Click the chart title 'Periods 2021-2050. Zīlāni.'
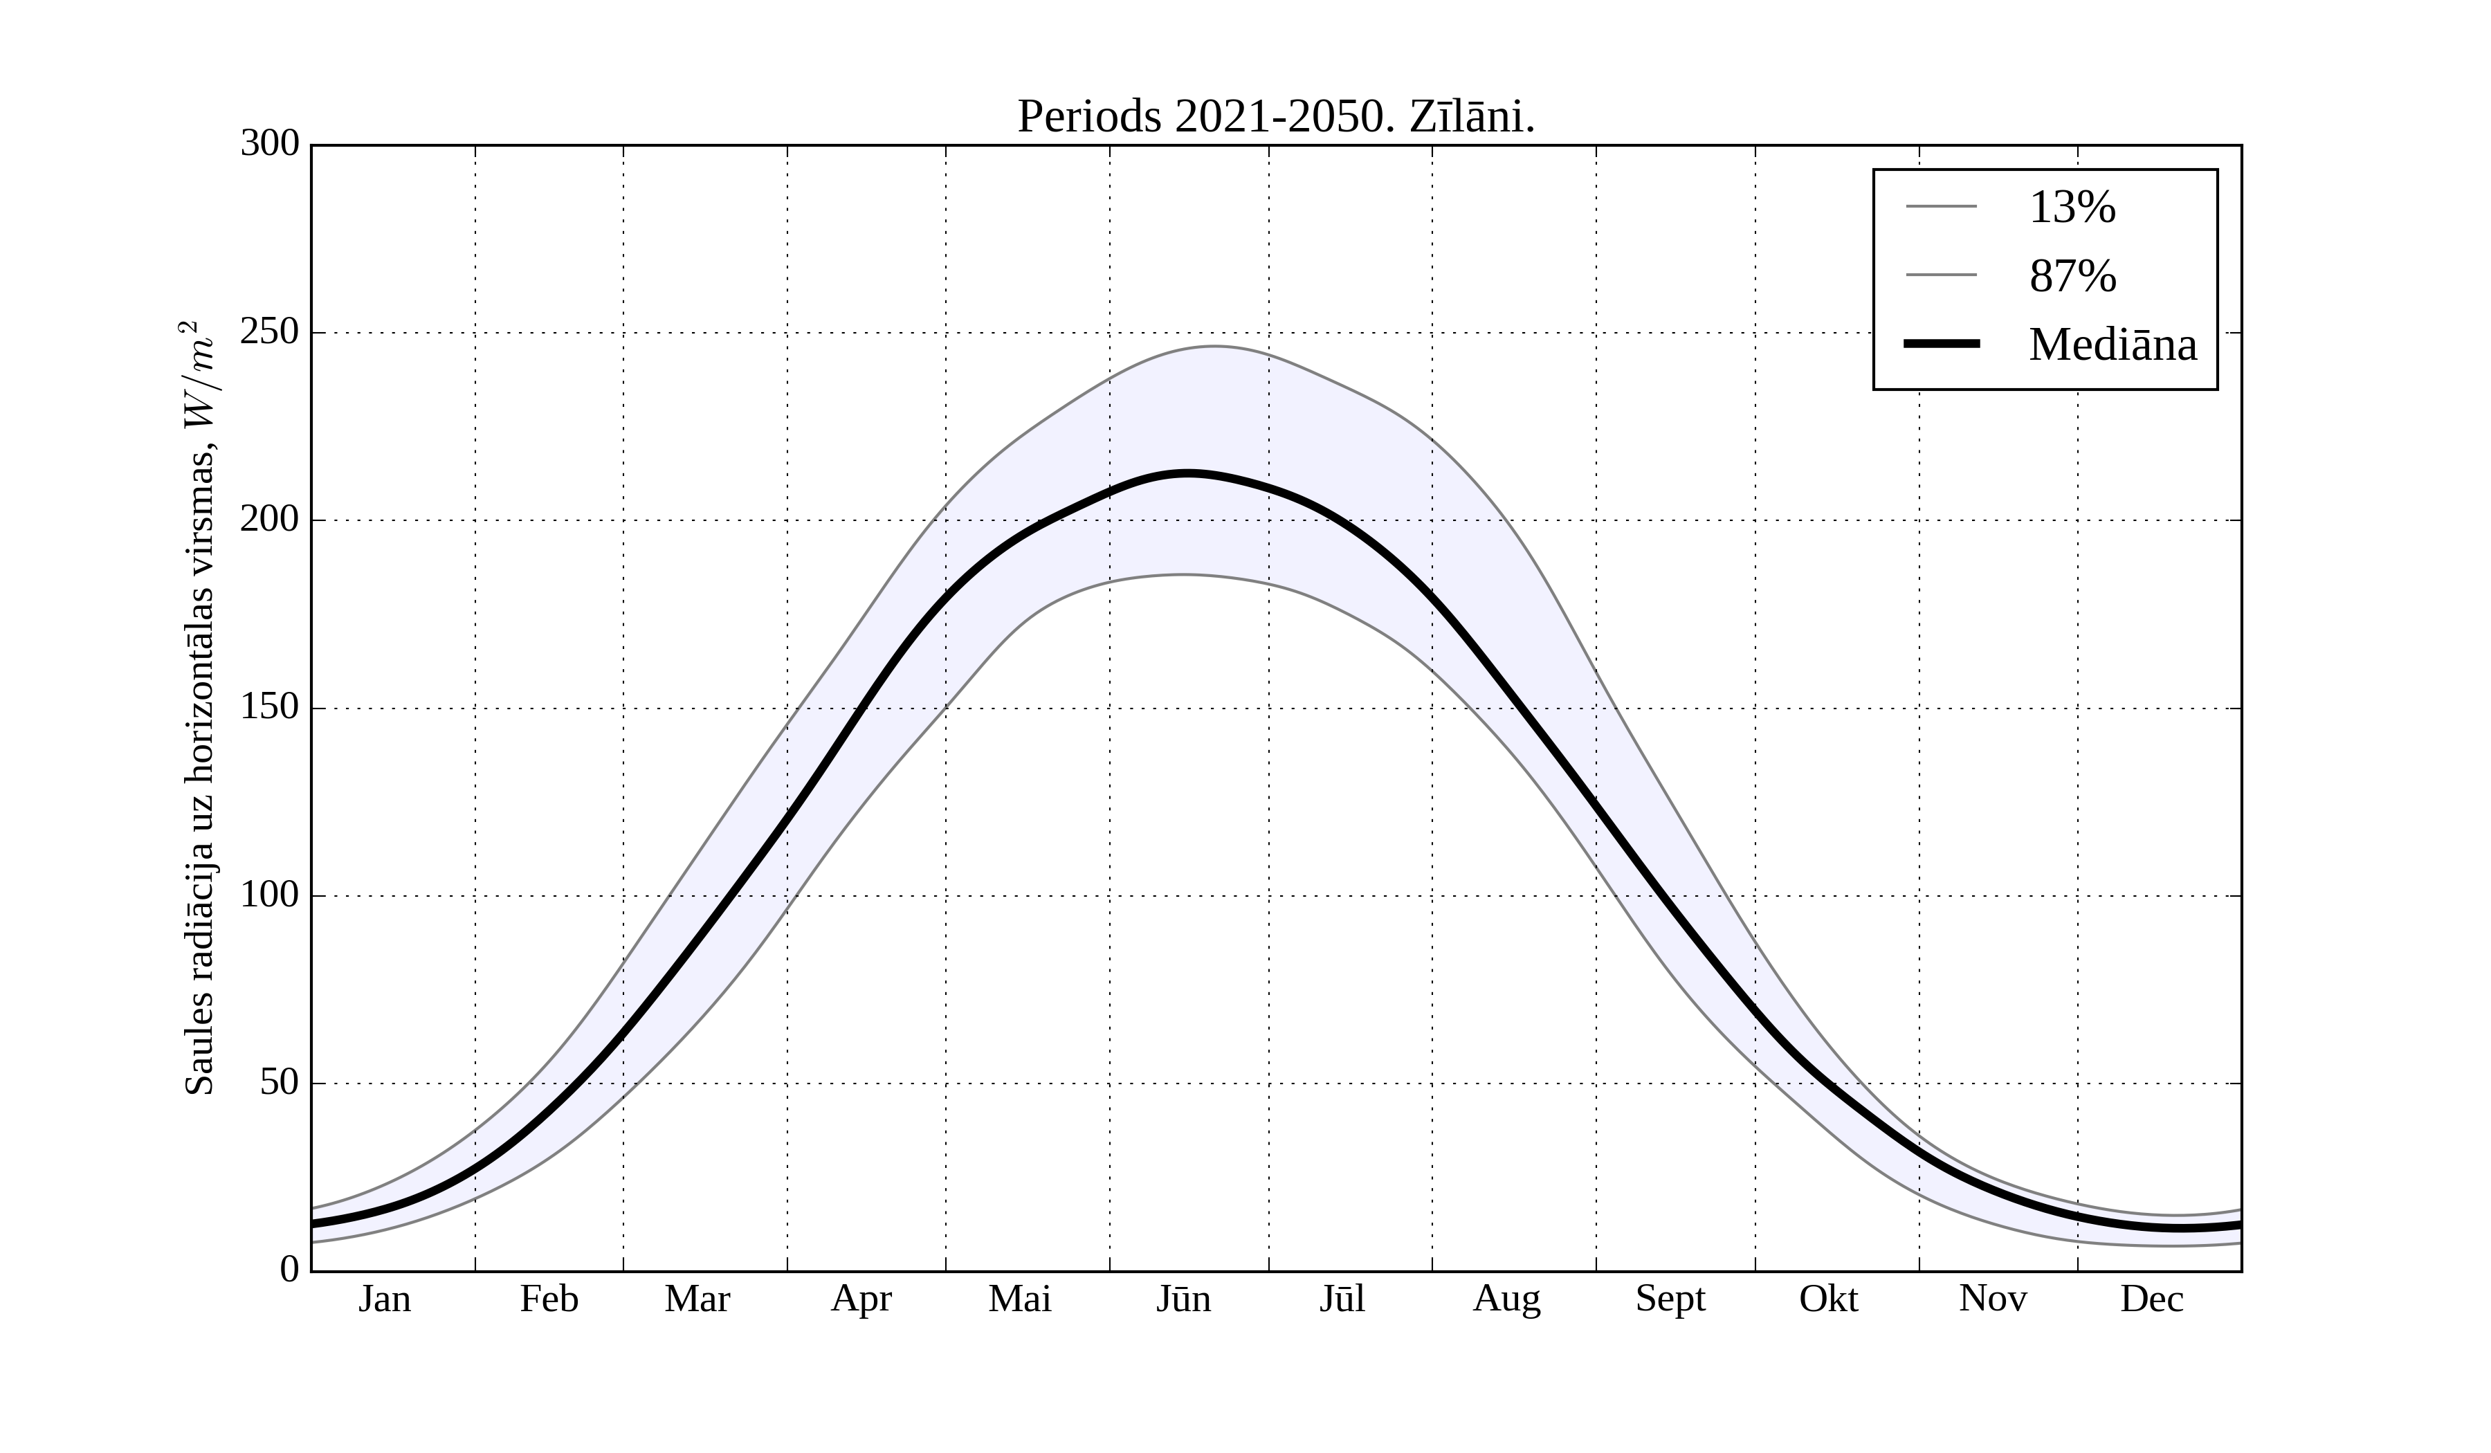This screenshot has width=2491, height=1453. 1275,118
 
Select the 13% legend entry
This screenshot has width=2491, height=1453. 2072,208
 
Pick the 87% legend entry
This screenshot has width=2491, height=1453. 2072,276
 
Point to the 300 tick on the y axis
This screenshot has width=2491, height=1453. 270,145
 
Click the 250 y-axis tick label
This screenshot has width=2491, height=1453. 270,332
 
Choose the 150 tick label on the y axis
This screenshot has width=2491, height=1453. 270,708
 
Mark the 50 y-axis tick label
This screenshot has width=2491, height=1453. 280,1084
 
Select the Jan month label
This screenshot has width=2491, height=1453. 385,1299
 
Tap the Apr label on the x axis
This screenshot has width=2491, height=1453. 861,1299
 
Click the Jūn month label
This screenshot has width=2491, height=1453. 1183,1299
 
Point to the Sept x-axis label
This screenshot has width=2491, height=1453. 1670,1299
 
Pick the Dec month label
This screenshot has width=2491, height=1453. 2152,1299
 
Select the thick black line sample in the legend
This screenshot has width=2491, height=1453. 1942,344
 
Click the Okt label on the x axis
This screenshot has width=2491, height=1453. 1829,1299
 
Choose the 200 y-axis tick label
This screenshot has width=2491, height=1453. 270,520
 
